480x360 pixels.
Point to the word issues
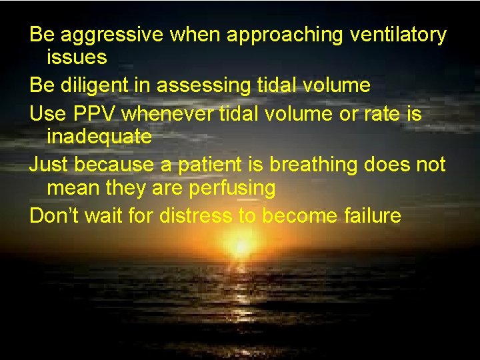[x=77, y=57]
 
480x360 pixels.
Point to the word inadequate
[x=99, y=137]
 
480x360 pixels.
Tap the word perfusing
[x=232, y=188]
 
